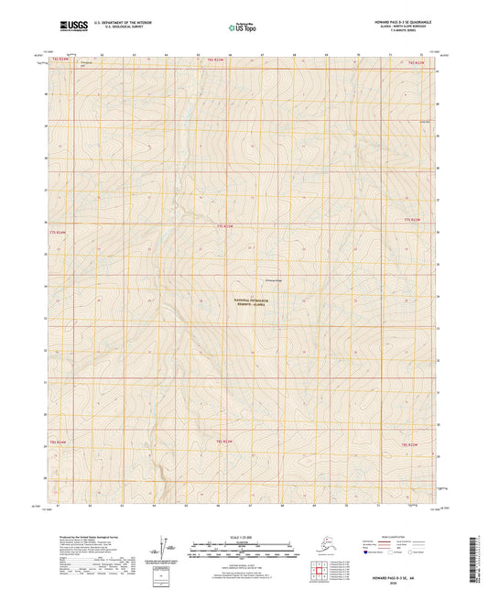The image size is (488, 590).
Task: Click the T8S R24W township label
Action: click(57, 442)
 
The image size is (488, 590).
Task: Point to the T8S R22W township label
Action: click(409, 444)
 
